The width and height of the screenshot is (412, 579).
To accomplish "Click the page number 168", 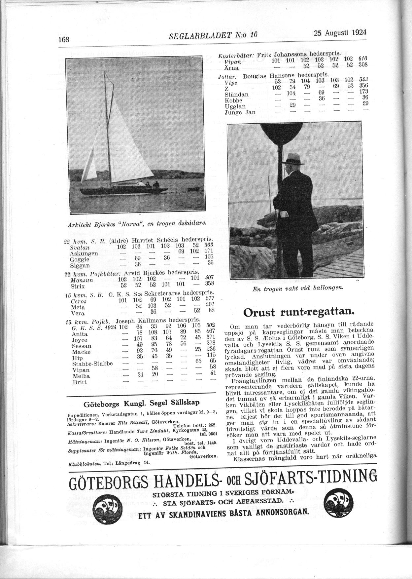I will tap(63, 39).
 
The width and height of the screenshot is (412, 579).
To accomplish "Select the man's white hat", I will tap(295, 159).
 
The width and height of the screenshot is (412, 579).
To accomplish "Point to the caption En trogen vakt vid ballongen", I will tap(298, 288).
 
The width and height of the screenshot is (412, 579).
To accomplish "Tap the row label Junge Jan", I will tap(240, 112).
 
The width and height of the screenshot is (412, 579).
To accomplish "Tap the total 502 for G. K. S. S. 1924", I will tap(210, 325).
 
